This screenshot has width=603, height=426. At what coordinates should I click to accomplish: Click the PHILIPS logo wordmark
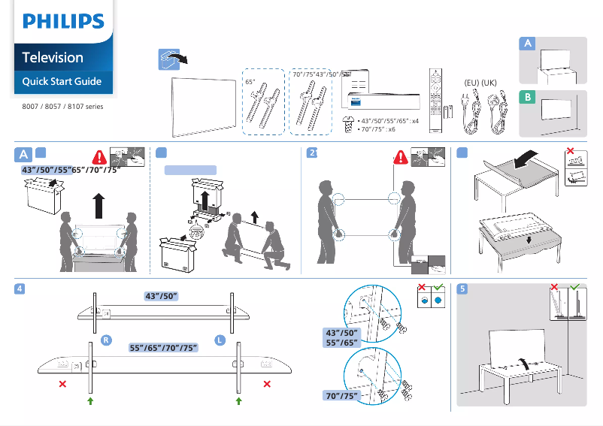point(62,21)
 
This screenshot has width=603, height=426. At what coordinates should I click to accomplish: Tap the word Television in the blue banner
point(53,57)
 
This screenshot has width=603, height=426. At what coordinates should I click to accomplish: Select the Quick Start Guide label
point(62,81)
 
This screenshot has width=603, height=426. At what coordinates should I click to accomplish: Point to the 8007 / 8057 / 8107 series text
point(58,106)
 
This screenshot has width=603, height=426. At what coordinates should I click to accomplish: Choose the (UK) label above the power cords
point(489,81)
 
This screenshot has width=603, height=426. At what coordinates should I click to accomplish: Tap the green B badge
point(529,98)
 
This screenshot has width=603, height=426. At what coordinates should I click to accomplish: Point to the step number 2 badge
point(314,153)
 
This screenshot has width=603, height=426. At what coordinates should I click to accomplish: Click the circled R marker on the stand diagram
point(107,340)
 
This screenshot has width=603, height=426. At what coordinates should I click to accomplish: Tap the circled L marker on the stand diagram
point(220,340)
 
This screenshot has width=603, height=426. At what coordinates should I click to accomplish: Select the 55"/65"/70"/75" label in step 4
point(163,347)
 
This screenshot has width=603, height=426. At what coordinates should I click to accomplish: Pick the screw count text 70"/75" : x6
point(378,129)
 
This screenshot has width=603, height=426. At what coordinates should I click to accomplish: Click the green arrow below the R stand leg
point(90,402)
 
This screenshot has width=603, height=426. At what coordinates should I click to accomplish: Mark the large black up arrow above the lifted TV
point(98,203)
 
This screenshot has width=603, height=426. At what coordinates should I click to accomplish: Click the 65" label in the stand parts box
point(250,81)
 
